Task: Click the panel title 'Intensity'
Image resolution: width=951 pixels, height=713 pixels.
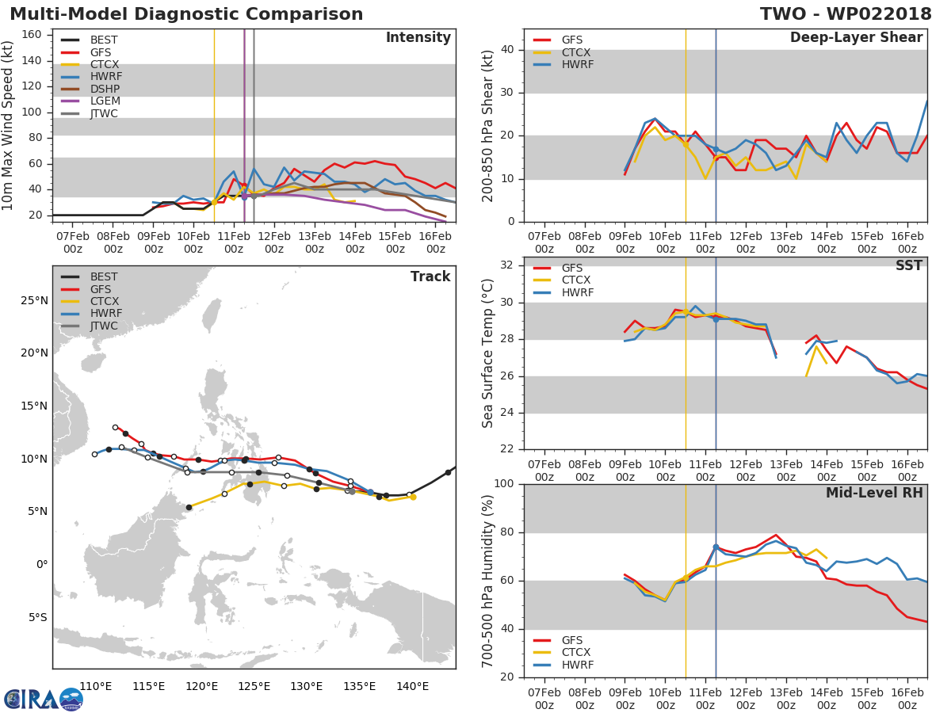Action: (x=418, y=38)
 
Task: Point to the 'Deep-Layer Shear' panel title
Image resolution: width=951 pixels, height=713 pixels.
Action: (x=856, y=38)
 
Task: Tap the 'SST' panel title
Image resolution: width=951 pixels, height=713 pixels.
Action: (x=909, y=265)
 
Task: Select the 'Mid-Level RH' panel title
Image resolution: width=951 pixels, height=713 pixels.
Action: (x=874, y=493)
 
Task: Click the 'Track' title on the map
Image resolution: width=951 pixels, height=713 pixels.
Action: (x=430, y=276)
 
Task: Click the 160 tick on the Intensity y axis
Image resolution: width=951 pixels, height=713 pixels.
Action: (x=32, y=35)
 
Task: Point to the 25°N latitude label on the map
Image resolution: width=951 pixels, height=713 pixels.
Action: (x=34, y=300)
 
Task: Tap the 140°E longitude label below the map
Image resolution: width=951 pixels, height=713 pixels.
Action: (x=412, y=686)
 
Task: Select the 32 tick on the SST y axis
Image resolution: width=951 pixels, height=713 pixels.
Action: (x=506, y=265)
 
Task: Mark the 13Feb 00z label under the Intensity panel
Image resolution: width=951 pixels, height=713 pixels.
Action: (x=315, y=242)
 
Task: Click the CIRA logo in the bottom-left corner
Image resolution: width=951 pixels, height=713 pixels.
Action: (x=44, y=700)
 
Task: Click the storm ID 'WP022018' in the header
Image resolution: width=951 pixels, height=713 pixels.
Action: (x=879, y=13)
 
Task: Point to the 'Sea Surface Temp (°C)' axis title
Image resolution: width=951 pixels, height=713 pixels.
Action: (x=487, y=353)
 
